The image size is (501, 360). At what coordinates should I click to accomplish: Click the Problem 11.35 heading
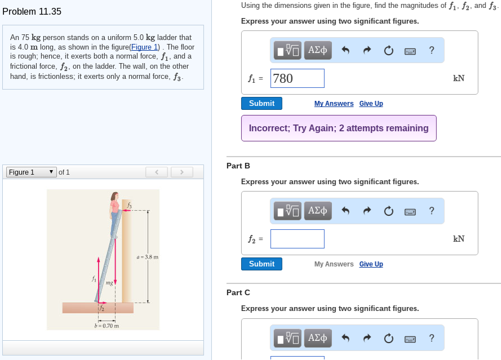tap(32, 11)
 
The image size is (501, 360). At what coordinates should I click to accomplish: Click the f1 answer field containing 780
tap(297, 78)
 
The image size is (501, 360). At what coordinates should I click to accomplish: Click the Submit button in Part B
tap(261, 264)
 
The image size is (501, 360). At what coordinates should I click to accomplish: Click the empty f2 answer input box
tap(297, 239)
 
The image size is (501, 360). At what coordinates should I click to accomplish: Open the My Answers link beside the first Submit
tap(334, 104)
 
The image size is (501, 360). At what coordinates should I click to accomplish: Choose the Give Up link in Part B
tap(371, 264)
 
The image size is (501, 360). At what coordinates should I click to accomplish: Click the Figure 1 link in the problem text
tap(145, 47)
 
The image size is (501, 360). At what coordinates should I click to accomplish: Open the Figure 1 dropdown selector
tap(31, 172)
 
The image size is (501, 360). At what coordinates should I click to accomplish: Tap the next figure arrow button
tap(181, 172)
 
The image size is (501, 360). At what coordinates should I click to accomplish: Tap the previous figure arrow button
tap(157, 172)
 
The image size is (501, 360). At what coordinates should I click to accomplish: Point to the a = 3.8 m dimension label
tap(148, 257)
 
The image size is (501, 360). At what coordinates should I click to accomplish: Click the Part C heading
tap(238, 292)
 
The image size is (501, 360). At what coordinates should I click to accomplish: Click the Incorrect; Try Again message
tap(339, 128)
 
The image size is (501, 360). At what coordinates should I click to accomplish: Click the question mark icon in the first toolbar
tap(431, 50)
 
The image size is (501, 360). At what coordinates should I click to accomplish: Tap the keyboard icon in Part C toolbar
tap(410, 339)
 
